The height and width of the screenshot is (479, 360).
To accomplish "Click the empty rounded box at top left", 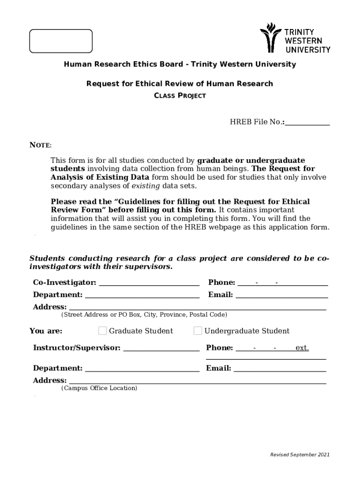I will point(61,41).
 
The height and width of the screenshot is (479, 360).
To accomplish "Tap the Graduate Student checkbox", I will point(102,331).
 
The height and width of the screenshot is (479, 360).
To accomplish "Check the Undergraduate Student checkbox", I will point(198,331).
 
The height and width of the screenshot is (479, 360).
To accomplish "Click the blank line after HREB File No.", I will point(307,123).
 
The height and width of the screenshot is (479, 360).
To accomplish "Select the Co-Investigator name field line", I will point(149,283).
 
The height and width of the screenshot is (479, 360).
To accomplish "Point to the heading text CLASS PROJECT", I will point(180,96).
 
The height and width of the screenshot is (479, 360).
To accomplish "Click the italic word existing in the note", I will point(145,186).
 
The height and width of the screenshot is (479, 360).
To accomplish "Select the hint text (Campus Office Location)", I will point(99,388).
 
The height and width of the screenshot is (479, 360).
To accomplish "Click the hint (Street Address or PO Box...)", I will point(144,315).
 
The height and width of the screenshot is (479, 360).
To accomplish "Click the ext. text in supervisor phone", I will point(302,348).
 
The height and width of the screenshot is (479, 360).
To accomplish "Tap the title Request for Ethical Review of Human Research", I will point(180,84).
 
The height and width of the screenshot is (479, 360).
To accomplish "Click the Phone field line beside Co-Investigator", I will point(282,283).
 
